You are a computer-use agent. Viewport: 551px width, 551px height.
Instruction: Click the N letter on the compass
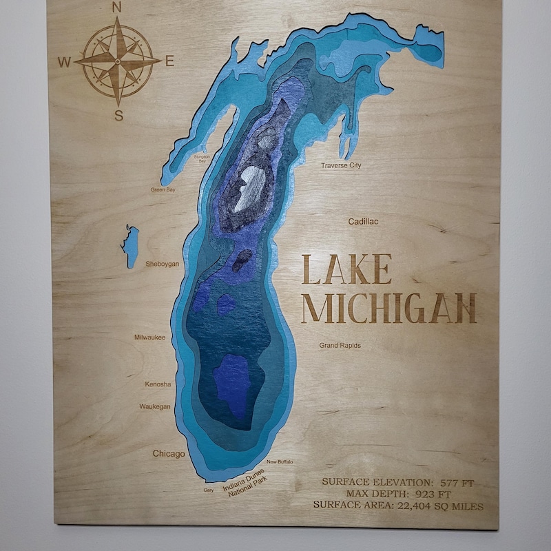(116, 8)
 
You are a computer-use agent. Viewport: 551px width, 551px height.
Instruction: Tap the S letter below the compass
(118, 116)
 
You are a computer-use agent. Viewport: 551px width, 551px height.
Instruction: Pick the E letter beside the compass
(169, 61)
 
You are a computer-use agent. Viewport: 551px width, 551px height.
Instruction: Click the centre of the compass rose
(118, 61)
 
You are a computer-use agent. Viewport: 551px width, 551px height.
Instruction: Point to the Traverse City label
(341, 165)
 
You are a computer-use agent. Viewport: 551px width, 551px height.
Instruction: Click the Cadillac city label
(363, 222)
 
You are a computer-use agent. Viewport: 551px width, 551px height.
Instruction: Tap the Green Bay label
(163, 189)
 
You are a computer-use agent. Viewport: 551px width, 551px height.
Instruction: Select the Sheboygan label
(162, 264)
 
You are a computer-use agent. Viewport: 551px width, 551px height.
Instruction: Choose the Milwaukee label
(149, 337)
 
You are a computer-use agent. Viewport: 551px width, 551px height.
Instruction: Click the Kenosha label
(158, 384)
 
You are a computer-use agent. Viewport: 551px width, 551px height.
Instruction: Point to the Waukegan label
(155, 406)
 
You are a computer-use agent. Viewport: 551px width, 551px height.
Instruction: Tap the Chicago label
(169, 454)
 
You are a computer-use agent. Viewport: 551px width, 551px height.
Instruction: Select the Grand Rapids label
(340, 345)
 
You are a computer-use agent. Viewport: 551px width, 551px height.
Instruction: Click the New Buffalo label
(280, 462)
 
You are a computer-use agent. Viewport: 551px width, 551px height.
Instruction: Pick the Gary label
(209, 490)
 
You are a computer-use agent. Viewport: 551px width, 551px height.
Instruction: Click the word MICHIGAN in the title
(389, 308)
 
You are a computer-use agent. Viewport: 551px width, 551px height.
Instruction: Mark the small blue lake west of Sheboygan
(130, 245)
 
